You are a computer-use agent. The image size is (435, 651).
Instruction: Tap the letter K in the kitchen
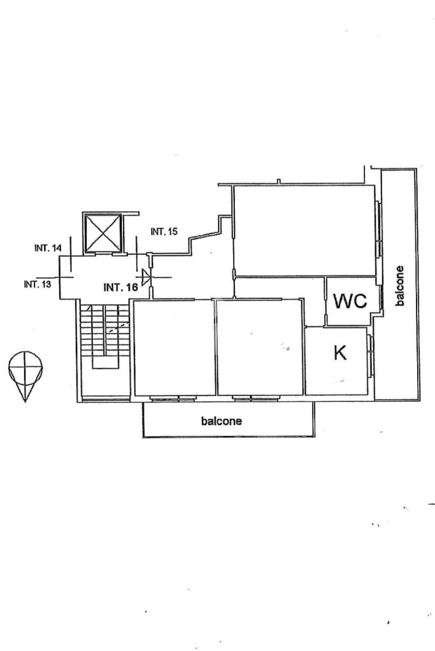tap(340, 354)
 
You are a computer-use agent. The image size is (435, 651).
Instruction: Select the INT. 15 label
tap(164, 232)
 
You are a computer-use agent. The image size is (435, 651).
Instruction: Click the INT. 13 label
tap(37, 284)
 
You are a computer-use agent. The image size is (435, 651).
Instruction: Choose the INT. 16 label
tap(120, 288)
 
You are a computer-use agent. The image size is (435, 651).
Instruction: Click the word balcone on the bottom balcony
tap(222, 421)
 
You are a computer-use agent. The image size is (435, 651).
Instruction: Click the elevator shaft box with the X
tap(103, 232)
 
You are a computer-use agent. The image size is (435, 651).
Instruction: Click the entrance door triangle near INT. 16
tap(146, 277)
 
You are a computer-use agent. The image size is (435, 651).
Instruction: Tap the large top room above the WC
tap(304, 230)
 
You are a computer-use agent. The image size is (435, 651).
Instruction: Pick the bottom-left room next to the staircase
tap(173, 347)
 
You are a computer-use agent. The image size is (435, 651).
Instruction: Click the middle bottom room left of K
tap(259, 347)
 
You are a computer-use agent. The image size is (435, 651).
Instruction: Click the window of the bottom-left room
tap(173, 398)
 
